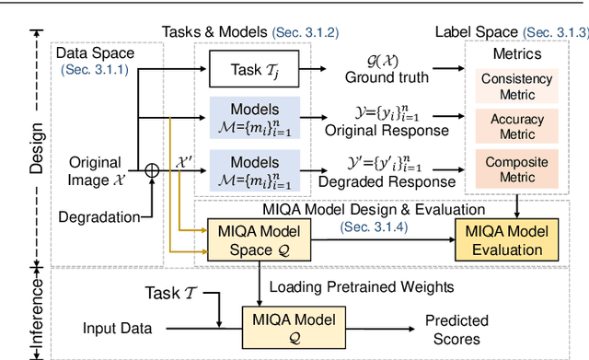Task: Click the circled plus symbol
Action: point(153,169)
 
